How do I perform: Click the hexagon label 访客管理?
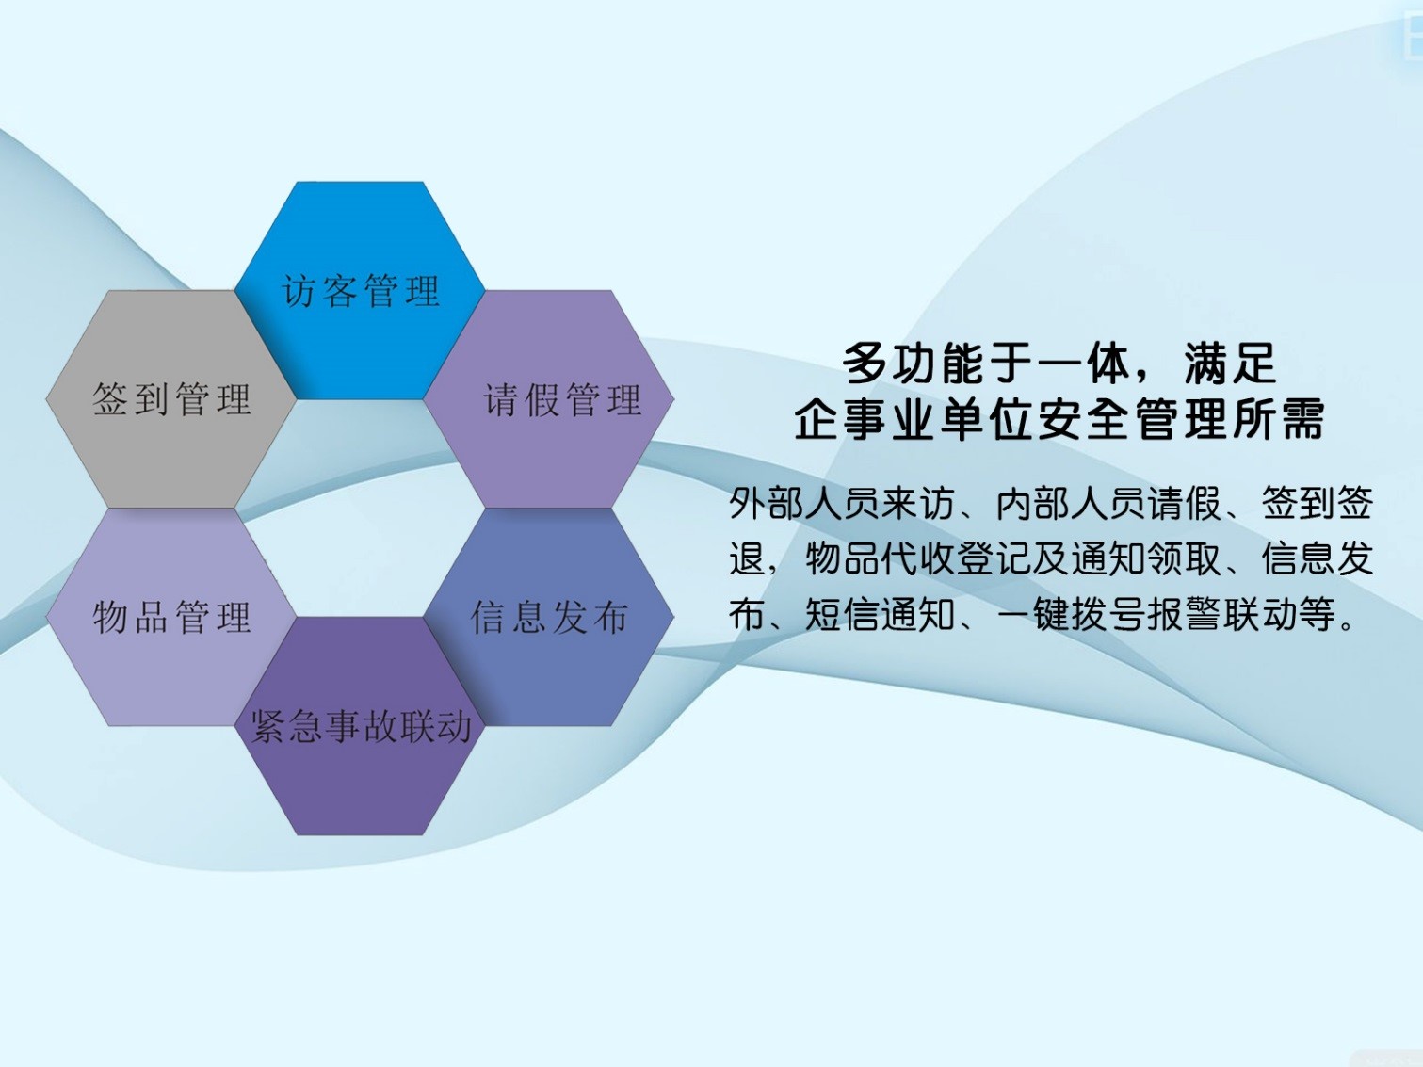coord(361,290)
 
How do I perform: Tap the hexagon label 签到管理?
coord(171,398)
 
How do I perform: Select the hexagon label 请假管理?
coord(563,399)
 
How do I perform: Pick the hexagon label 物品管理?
coord(171,617)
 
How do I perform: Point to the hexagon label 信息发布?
coord(549,617)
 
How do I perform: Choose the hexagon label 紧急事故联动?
coord(361,725)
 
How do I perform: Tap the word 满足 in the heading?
coord(1230,364)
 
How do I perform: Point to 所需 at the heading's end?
coord(1277,419)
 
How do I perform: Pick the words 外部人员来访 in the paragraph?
coord(842,503)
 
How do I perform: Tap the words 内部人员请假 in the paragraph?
coord(1108,503)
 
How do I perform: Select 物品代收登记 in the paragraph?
coord(918,558)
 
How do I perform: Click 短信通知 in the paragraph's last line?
coord(880,614)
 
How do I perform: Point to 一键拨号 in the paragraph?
coord(1071,614)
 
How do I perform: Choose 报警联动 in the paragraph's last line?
coord(1222,614)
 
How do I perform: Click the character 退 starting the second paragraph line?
coord(748,558)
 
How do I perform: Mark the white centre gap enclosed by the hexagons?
coord(361,509)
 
